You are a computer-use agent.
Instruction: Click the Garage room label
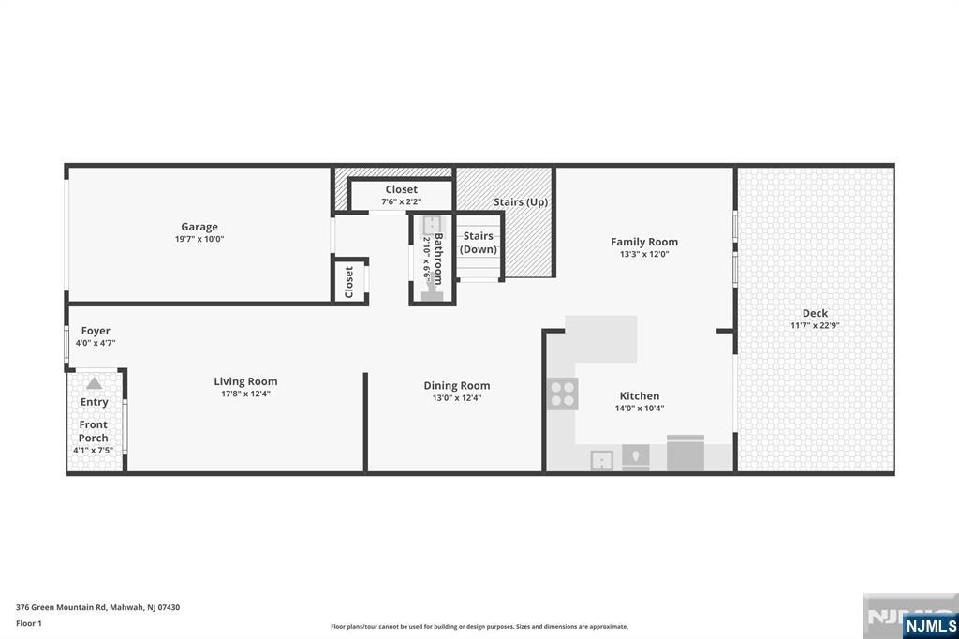tap(199, 227)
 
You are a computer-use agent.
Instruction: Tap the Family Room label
tap(644, 242)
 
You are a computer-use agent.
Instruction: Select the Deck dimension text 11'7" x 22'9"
tap(815, 326)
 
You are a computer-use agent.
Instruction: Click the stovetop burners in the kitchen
tap(563, 394)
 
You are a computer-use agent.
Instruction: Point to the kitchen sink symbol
tap(602, 460)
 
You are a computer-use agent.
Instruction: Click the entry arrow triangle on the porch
tap(95, 384)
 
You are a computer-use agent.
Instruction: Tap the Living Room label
tap(245, 381)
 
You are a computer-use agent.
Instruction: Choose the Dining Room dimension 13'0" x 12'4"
tap(457, 398)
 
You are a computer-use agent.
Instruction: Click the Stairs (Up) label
tap(521, 202)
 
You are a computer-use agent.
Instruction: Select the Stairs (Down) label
tap(479, 243)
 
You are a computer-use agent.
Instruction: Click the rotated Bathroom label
tap(438, 259)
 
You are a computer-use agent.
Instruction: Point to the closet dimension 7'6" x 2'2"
tap(402, 201)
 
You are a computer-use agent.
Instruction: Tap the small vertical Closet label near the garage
tap(348, 282)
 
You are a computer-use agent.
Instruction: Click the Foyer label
tap(96, 331)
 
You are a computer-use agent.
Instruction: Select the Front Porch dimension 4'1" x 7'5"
tap(93, 451)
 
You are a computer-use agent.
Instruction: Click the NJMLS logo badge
tap(930, 626)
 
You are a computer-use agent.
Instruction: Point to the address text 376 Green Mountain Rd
tap(61, 607)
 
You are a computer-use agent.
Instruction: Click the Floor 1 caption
tap(29, 623)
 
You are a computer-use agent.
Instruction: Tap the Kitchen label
tap(639, 396)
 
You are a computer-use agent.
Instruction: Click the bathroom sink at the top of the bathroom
tap(433, 225)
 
